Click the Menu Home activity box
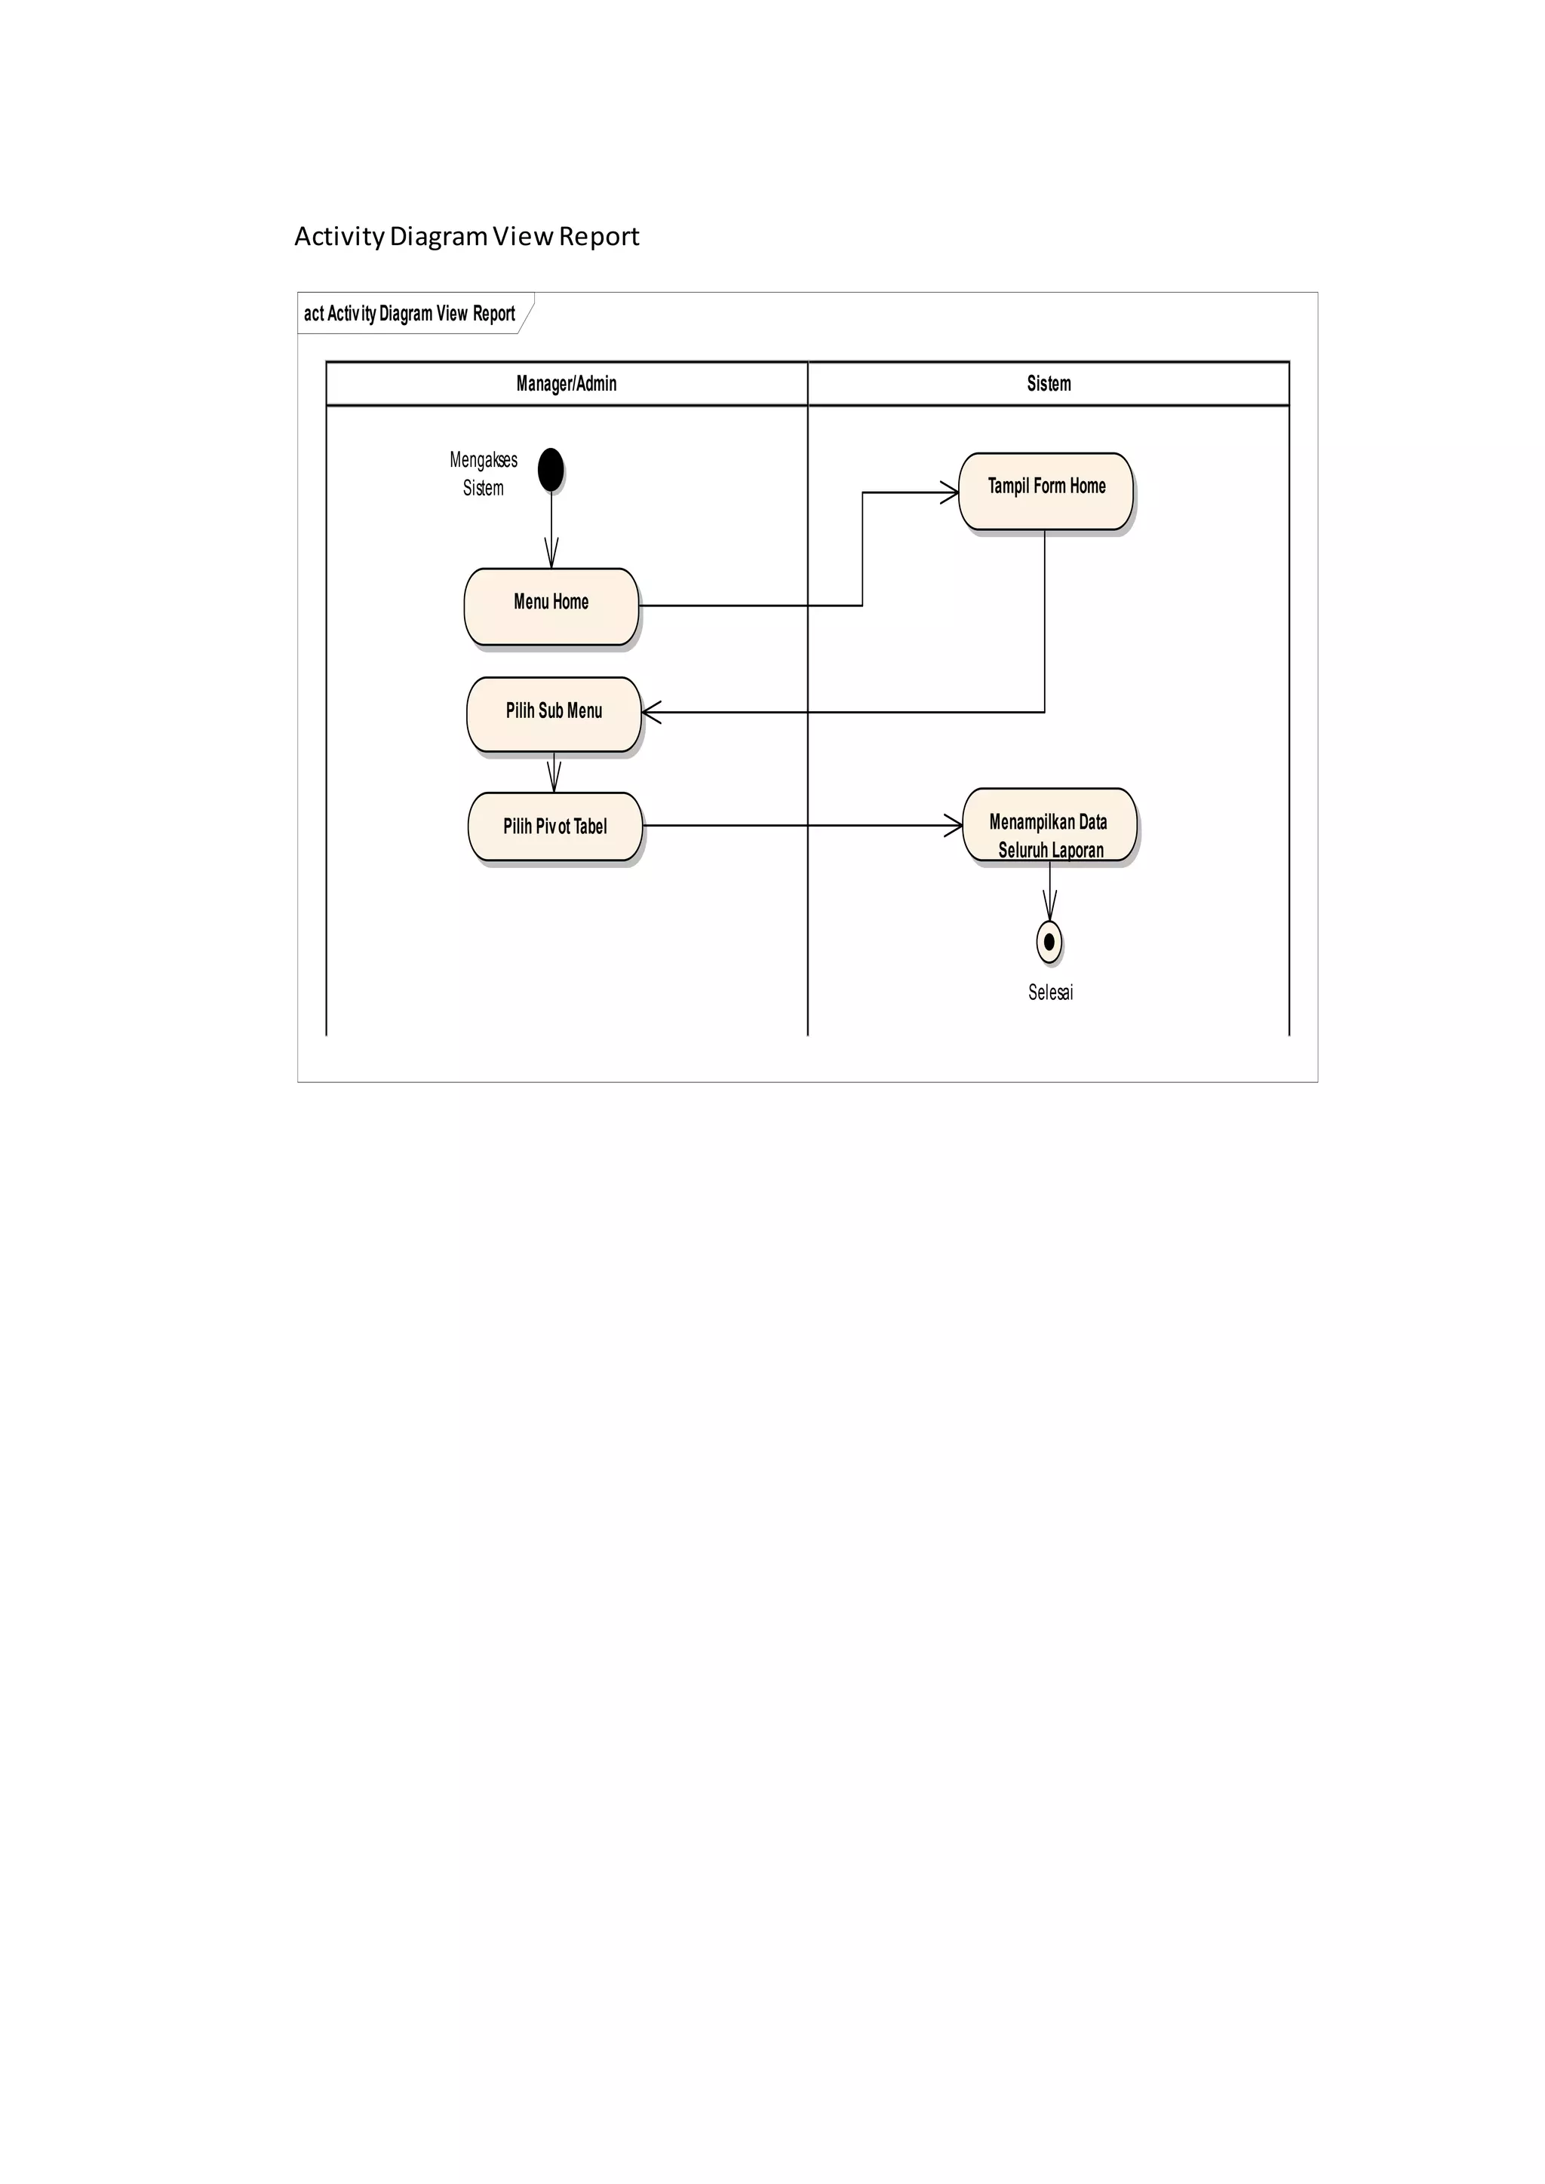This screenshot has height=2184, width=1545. tap(551, 606)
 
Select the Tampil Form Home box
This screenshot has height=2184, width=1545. tap(1046, 491)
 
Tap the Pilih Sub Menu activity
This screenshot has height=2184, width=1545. tap(554, 713)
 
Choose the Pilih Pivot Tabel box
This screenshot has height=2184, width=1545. tap(554, 826)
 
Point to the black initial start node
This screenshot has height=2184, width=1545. tap(551, 470)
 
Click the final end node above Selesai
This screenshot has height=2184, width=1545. tap(1049, 942)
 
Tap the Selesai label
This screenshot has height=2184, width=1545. tap(1050, 992)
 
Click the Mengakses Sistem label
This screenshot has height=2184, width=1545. tap(484, 474)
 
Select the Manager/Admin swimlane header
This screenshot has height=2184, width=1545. tap(566, 383)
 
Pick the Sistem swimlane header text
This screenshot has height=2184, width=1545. tap(1049, 383)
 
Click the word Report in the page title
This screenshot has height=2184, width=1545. tap(598, 236)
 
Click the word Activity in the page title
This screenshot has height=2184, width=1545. tap(339, 236)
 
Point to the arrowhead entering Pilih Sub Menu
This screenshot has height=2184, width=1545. tap(652, 711)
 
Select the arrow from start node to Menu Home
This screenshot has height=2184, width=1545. tap(551, 529)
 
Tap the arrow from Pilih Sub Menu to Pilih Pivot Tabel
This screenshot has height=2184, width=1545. tap(554, 772)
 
